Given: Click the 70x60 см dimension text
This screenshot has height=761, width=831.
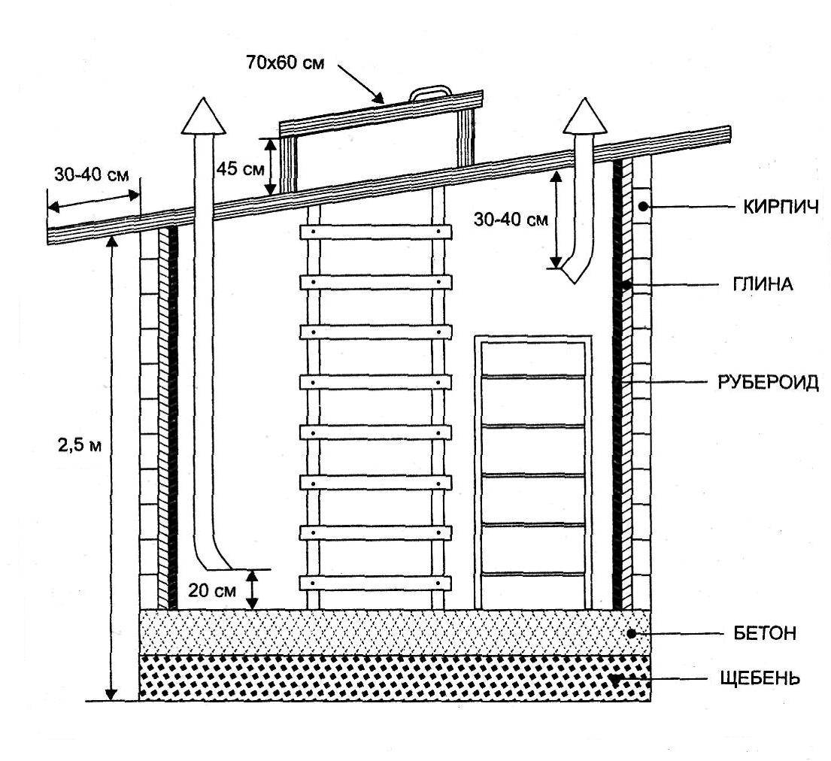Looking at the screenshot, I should pos(285,63).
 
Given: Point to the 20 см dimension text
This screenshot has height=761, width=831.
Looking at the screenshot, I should pos(209,590).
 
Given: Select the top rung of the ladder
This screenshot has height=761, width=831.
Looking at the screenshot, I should pos(375,232).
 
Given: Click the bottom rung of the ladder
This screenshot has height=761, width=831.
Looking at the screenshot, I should pos(375,583).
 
